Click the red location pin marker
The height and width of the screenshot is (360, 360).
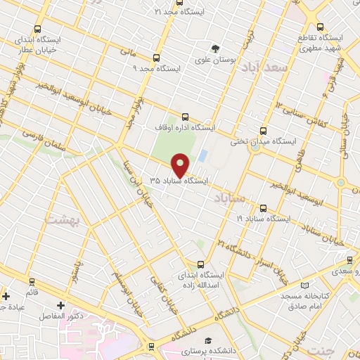pyautogui.click(x=181, y=166)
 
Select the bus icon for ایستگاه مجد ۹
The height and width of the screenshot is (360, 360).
pyautogui.click(x=155, y=58)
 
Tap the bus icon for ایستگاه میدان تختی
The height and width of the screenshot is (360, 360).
pyautogui.click(x=263, y=130)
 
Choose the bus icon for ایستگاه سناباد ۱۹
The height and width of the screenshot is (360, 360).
pyautogui.click(x=264, y=208)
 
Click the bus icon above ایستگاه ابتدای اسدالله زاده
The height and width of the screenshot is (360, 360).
pyautogui.click(x=201, y=264)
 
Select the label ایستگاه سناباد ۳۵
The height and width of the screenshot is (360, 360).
pyautogui.click(x=179, y=181)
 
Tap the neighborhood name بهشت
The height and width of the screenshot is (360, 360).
pyautogui.click(x=63, y=220)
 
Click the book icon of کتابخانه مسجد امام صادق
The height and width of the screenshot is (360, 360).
pyautogui.click(x=304, y=285)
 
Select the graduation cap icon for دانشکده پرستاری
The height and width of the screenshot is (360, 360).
pyautogui.click(x=207, y=340)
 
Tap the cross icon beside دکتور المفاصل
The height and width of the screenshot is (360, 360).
pyautogui.click(x=60, y=305)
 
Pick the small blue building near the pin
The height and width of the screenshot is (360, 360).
pyautogui.click(x=202, y=155)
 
